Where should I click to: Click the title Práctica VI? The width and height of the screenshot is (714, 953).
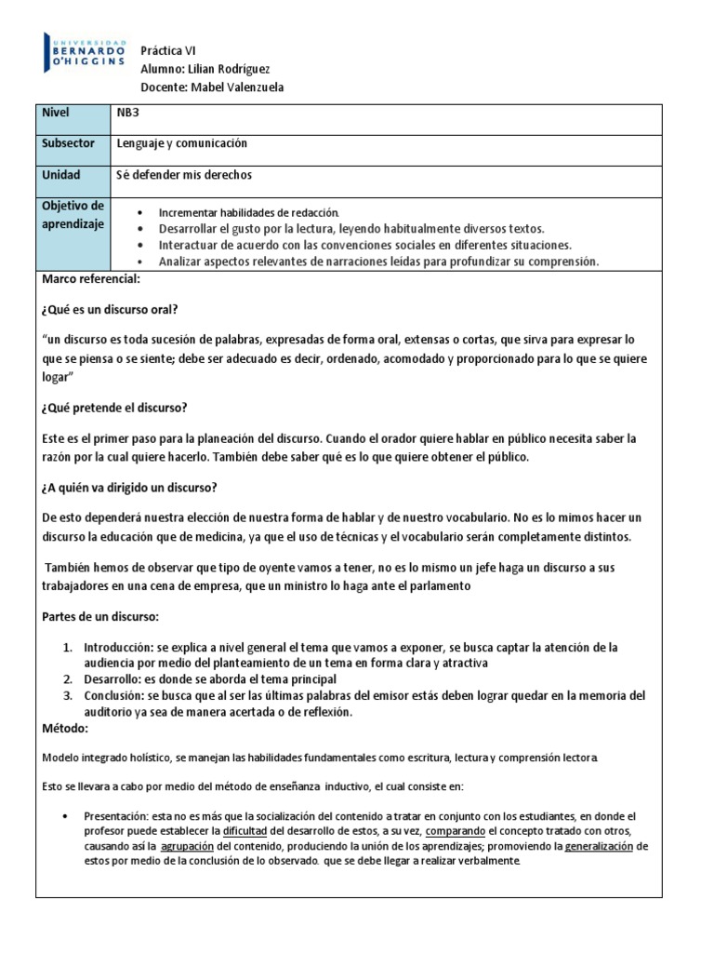(168, 51)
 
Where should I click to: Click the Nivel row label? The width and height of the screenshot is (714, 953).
(57, 113)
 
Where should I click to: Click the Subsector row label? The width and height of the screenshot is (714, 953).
(69, 144)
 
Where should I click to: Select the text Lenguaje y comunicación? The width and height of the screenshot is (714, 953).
(182, 144)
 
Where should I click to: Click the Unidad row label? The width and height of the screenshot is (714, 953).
(61, 175)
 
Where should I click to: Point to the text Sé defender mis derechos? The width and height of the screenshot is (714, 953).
(184, 175)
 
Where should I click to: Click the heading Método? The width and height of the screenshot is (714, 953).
(66, 728)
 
